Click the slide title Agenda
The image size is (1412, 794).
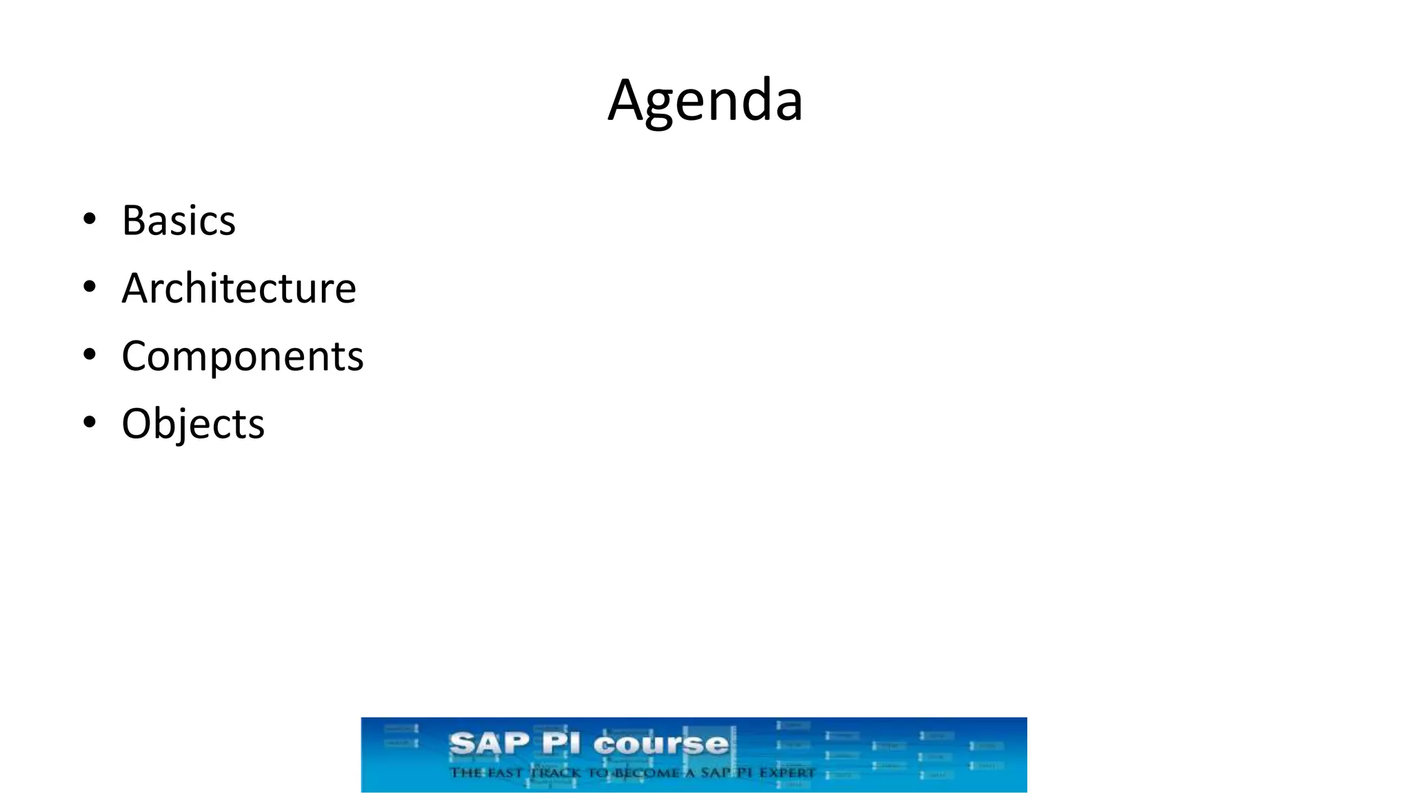[705, 101]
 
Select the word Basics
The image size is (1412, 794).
[179, 221]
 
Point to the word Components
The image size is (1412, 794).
[242, 356]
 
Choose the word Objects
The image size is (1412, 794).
[193, 423]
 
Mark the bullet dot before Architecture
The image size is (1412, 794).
[89, 287]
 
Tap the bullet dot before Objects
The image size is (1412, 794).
[89, 422]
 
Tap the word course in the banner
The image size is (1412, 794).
[660, 744]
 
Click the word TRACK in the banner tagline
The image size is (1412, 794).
[556, 773]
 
